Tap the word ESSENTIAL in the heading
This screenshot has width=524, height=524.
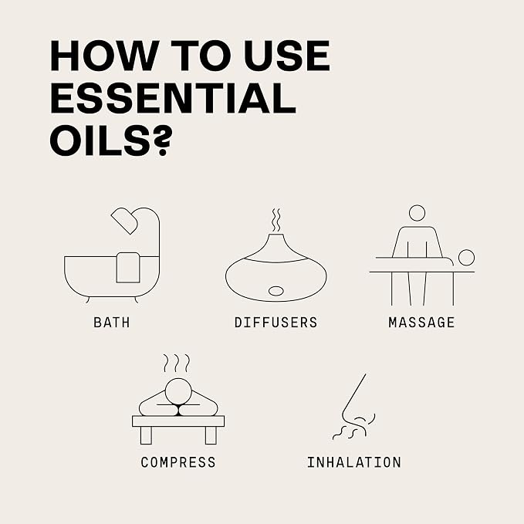[173, 98]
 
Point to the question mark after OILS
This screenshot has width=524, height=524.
[163, 140]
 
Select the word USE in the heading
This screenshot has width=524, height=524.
[287, 56]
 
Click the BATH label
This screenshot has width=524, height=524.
[112, 323]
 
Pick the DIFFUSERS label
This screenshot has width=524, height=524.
[276, 323]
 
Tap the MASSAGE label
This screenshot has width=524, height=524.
[421, 323]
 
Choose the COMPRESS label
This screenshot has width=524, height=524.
[178, 462]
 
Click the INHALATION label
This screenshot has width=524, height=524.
[354, 462]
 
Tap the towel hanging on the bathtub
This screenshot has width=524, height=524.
[128, 268]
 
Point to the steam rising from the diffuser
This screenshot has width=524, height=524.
[276, 220]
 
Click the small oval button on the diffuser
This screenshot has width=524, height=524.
[276, 291]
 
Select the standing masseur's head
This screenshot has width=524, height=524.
[417, 213]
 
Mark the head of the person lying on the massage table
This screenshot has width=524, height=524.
[466, 258]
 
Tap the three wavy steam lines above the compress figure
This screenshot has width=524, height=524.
[177, 363]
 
